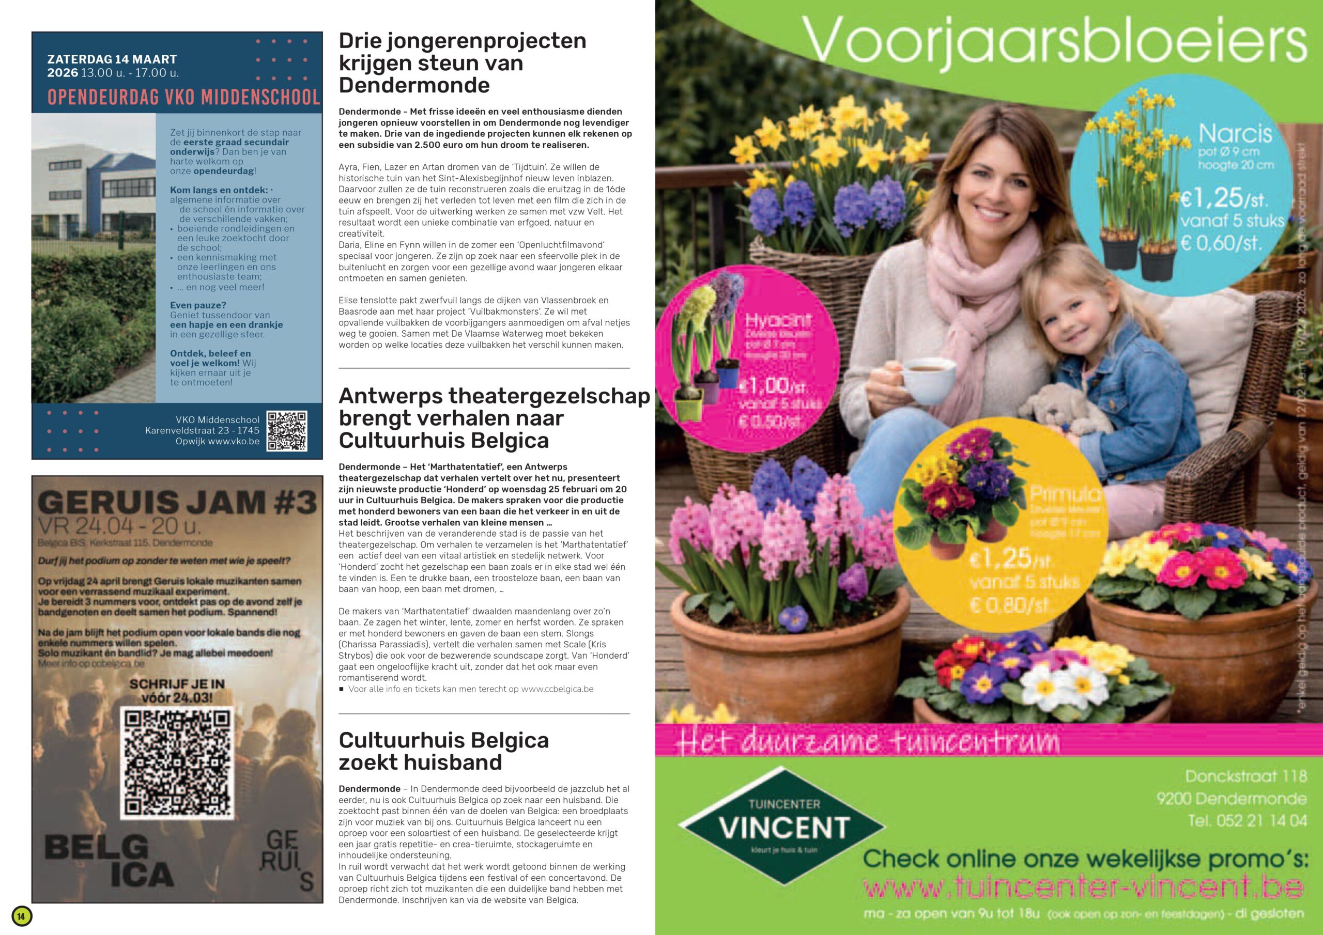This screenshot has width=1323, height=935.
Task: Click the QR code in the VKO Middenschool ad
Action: click(x=286, y=431)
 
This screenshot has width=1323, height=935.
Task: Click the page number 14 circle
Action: click(x=21, y=916)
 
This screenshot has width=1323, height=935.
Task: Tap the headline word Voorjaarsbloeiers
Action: click(x=1054, y=40)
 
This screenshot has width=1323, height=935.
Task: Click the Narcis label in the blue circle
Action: click(x=1235, y=134)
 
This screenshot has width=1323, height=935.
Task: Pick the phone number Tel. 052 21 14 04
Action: click(x=1247, y=820)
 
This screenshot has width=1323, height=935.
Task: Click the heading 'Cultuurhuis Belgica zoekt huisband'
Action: click(x=444, y=751)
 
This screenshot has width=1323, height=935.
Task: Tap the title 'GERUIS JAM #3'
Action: click(x=177, y=502)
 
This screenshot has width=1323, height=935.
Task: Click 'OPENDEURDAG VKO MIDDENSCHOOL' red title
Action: click(x=183, y=97)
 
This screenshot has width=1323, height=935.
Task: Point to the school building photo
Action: click(x=94, y=258)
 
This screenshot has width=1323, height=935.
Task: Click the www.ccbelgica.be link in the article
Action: click(x=557, y=689)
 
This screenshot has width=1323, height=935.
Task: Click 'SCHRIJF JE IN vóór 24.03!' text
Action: click(x=177, y=691)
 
